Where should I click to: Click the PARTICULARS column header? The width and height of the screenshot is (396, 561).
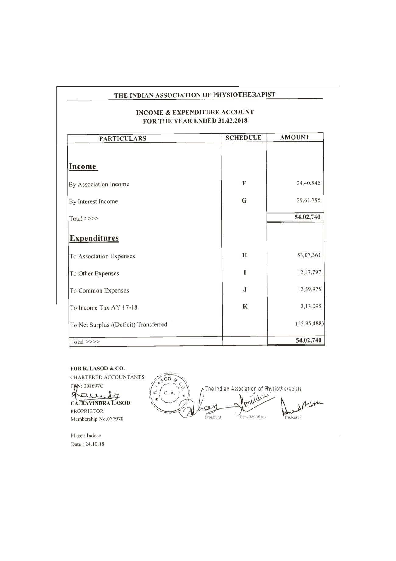(123, 138)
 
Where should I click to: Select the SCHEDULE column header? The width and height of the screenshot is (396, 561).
(243, 138)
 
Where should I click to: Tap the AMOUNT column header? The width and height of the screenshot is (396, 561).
(295, 137)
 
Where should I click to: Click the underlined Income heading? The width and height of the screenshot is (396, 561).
(83, 167)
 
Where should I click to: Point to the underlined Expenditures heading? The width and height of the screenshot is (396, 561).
(94, 238)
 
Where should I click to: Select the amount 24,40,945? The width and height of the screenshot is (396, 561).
(308, 183)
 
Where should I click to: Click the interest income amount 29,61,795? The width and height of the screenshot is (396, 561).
(308, 200)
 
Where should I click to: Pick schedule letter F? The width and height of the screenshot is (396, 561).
(244, 183)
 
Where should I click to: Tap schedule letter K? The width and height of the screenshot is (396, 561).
(245, 307)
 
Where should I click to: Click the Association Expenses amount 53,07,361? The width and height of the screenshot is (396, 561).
(309, 255)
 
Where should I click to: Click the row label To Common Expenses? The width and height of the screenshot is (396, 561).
(99, 290)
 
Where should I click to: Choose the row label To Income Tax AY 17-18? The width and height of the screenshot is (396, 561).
(104, 307)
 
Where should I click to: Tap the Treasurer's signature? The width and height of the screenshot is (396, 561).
(302, 406)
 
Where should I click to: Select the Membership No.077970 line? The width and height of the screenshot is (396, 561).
(97, 419)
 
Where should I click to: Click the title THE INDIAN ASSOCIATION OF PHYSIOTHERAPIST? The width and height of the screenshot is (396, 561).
(195, 95)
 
